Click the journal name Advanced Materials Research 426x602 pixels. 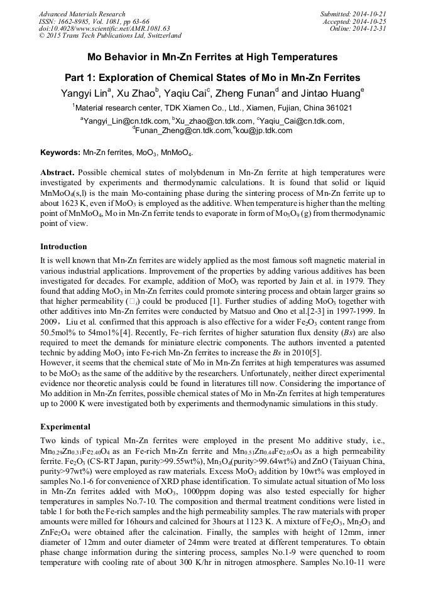tap(82, 14)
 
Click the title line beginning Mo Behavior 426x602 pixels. tap(212, 57)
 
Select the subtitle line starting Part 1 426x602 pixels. tap(212, 78)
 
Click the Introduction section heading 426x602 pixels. tap(63, 247)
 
